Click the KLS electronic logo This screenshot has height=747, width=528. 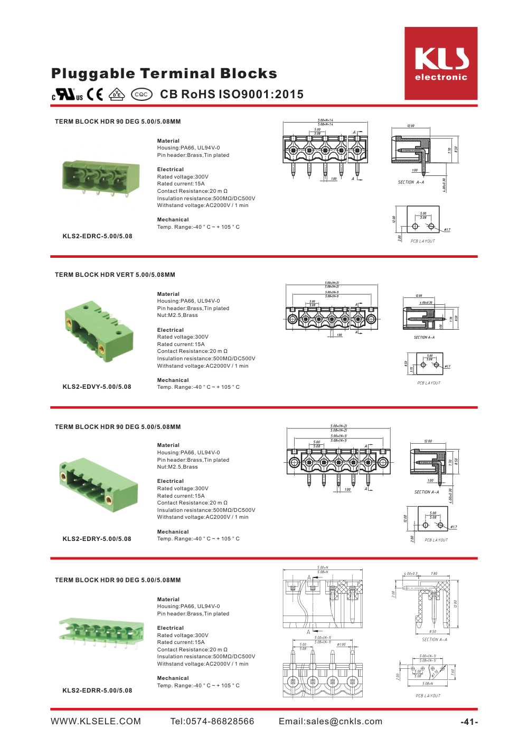click(441, 63)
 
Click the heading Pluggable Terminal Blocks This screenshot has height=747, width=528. click(164, 73)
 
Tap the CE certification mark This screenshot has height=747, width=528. click(95, 95)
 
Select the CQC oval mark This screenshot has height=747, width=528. click(142, 95)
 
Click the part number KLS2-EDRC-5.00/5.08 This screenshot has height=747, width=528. click(98, 236)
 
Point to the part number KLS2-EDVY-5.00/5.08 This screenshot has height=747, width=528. click(97, 387)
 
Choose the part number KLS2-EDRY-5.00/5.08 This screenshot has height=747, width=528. click(97, 539)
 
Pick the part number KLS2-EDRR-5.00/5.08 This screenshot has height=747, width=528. click(98, 690)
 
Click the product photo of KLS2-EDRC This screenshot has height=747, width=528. click(101, 178)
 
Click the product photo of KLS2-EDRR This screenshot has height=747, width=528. click(101, 632)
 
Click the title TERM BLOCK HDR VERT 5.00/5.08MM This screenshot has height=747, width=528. click(115, 275)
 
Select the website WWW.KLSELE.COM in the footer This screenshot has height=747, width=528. click(96, 722)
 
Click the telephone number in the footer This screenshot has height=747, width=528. click(212, 722)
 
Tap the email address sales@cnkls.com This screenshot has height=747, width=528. click(331, 722)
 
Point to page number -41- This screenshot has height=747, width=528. click(469, 722)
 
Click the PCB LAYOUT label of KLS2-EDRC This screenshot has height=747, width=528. click(423, 241)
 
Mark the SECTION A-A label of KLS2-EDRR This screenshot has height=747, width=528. click(435, 640)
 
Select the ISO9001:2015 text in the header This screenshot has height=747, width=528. click(261, 95)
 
